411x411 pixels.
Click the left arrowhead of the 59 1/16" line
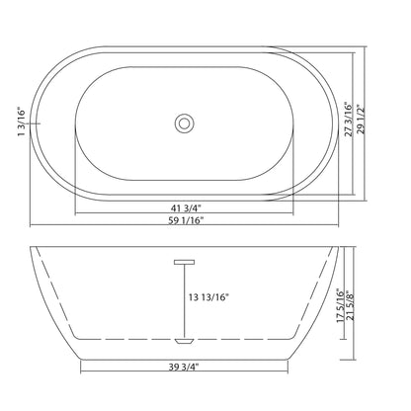[x=34, y=228]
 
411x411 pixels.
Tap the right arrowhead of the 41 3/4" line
[x=291, y=214]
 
